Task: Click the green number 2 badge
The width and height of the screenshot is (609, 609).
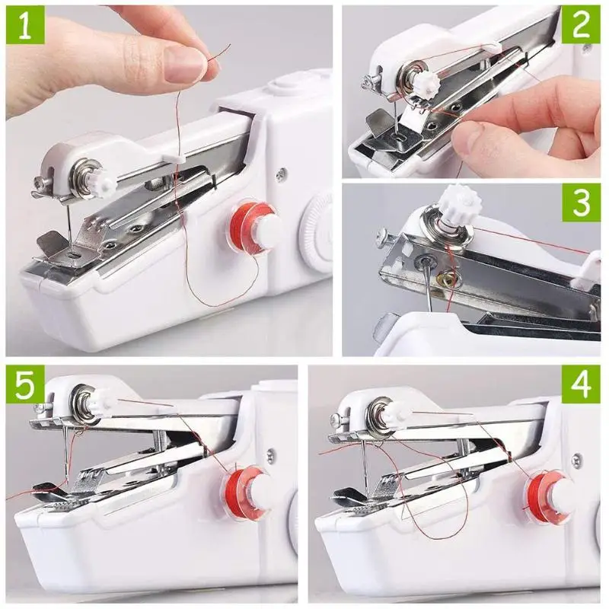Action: pos(581,24)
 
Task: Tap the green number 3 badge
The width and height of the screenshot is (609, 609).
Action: pos(581,203)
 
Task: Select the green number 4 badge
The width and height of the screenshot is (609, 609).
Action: pos(581,384)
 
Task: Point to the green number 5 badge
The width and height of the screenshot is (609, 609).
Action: pos(25,384)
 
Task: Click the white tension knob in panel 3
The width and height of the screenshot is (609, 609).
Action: pos(459,205)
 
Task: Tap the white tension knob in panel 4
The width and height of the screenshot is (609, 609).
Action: pos(396,413)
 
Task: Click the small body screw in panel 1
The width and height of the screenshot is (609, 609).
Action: pos(282,174)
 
